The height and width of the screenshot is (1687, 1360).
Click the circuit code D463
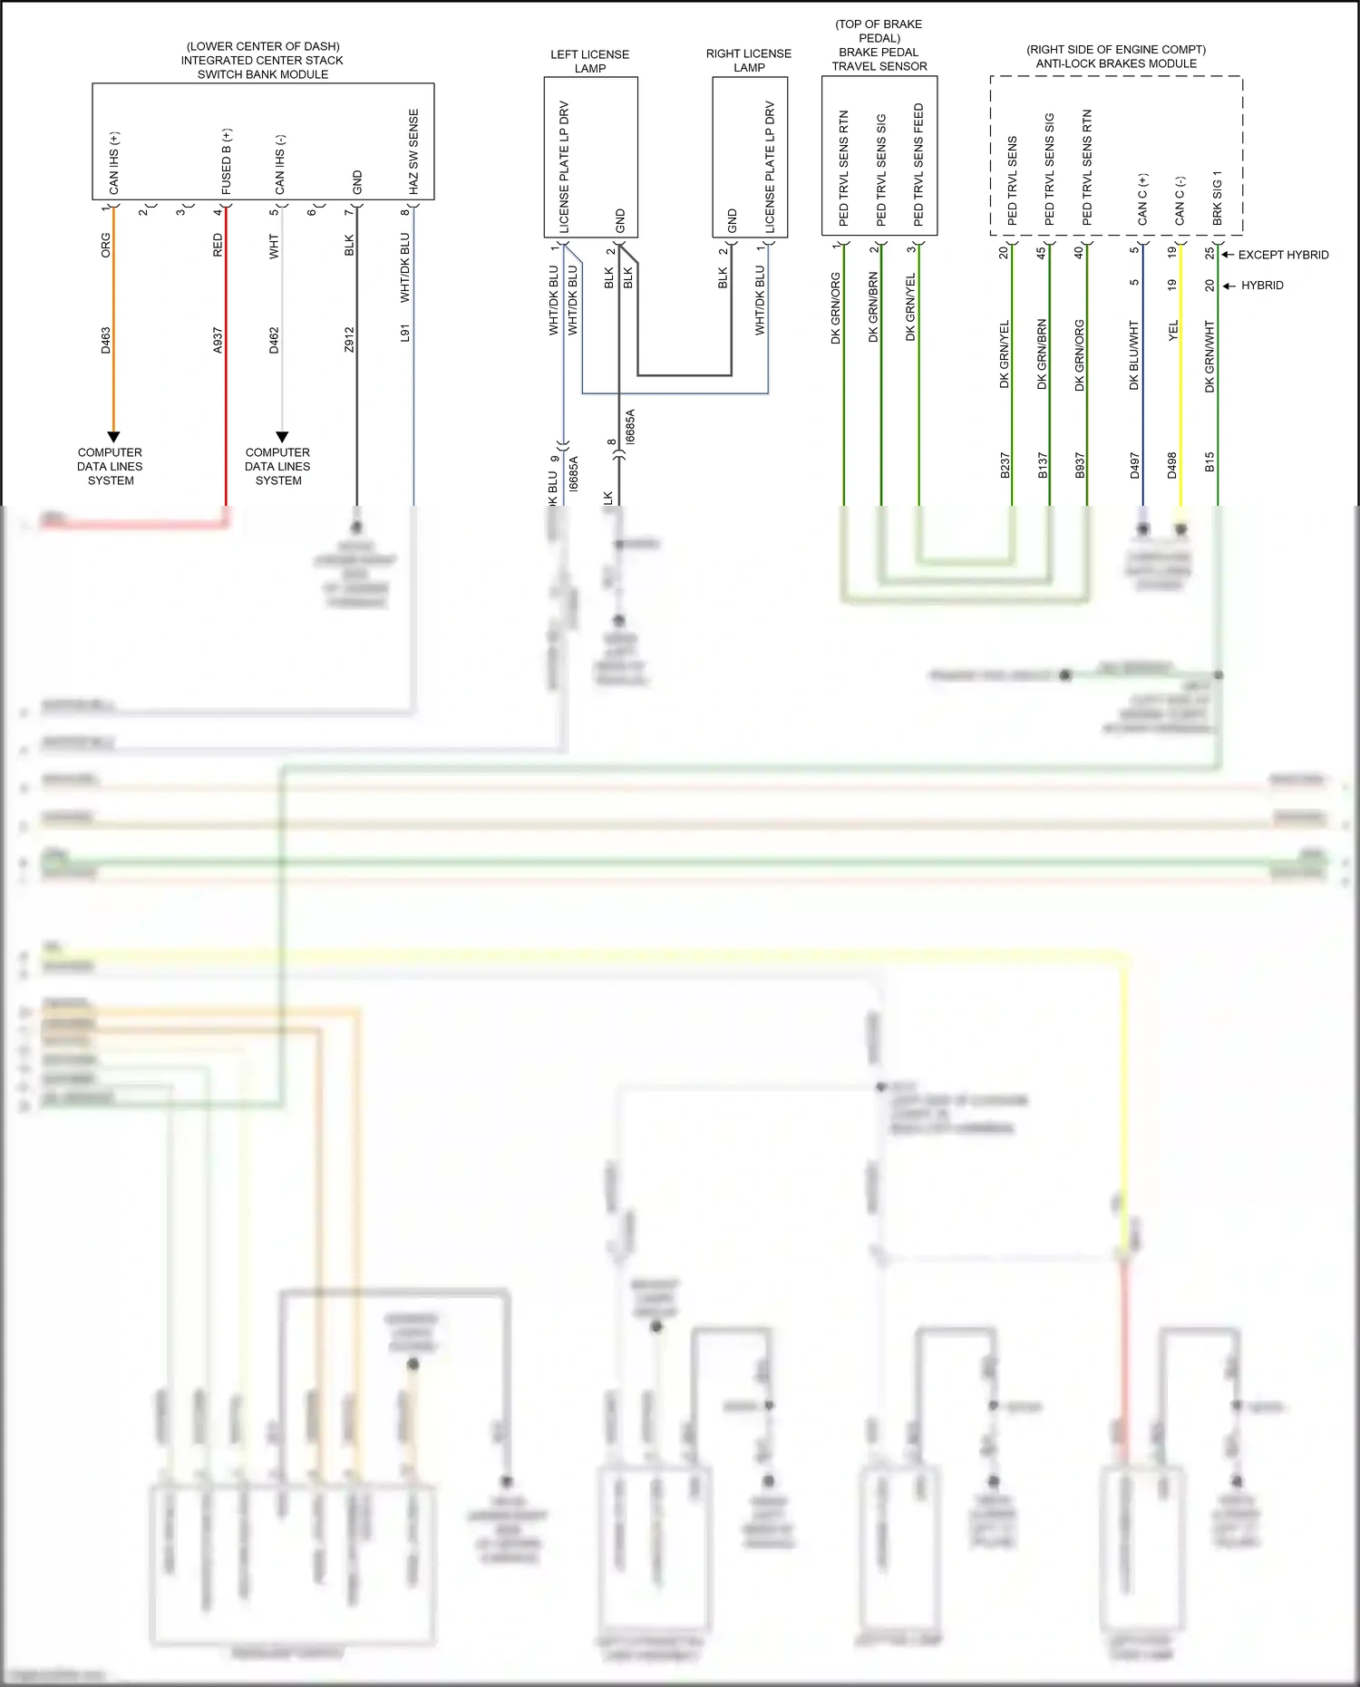pos(106,340)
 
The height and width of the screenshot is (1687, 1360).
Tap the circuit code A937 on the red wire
pos(218,340)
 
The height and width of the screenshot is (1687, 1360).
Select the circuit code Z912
pos(349,340)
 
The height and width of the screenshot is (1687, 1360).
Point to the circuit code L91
pos(405,334)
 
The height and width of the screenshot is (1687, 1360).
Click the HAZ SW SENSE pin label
pos(413,151)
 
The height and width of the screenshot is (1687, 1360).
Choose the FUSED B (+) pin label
pos(227,161)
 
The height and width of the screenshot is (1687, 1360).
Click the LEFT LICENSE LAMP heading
pos(589,61)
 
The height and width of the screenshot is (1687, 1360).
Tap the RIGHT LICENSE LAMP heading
pos(749,61)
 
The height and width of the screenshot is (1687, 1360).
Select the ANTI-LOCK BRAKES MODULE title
pos(1116,63)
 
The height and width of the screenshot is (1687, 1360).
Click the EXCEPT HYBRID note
pos(1283,255)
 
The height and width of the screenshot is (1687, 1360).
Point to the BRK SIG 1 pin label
pos(1218,198)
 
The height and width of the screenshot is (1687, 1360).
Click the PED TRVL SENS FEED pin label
pos(918,164)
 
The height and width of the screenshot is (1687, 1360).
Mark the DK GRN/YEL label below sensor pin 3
pos(911,307)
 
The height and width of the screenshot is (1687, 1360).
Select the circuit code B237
pos(1005,466)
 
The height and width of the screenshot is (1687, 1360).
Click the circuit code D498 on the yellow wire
pos(1172,466)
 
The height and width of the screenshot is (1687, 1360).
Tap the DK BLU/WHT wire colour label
pos(1134,354)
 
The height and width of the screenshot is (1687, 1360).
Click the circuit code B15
pos(1209,462)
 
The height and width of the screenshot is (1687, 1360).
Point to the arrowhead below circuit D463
pos(113,437)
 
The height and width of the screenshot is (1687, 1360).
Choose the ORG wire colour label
pos(106,245)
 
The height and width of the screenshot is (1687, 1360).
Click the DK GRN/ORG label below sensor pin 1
pos(836,308)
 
